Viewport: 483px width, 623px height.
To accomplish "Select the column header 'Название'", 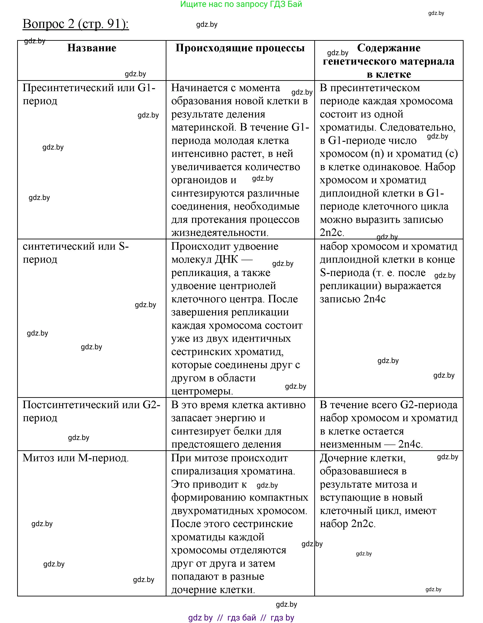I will click(x=92, y=48).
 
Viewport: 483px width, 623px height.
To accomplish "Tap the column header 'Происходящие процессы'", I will click(x=240, y=48).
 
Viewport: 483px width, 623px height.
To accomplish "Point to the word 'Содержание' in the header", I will click(x=389, y=48).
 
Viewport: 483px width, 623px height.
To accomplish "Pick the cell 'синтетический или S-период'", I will click(x=76, y=252).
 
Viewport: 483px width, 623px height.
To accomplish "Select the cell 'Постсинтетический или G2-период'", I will click(x=91, y=411).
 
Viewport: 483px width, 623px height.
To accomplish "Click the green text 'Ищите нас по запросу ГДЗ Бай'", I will click(x=241, y=4).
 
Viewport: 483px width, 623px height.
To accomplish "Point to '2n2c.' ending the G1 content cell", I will click(x=332, y=233).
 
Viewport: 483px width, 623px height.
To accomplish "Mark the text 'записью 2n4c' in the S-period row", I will click(x=353, y=299).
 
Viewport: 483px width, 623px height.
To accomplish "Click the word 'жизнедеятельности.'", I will click(x=220, y=233).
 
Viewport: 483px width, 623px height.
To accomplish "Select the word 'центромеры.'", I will click(x=202, y=391).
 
